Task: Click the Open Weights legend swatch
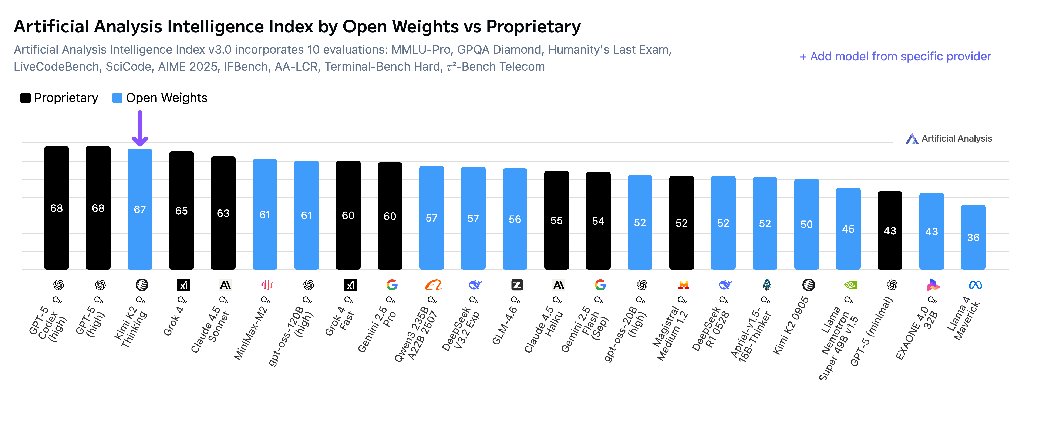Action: click(117, 98)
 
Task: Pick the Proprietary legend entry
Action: click(60, 98)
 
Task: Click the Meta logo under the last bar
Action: click(975, 285)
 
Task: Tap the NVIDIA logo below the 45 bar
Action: click(850, 285)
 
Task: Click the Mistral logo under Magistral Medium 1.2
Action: click(683, 285)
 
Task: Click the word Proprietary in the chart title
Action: click(533, 27)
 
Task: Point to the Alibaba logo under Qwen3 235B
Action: click(433, 285)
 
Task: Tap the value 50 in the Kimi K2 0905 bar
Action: click(806, 224)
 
